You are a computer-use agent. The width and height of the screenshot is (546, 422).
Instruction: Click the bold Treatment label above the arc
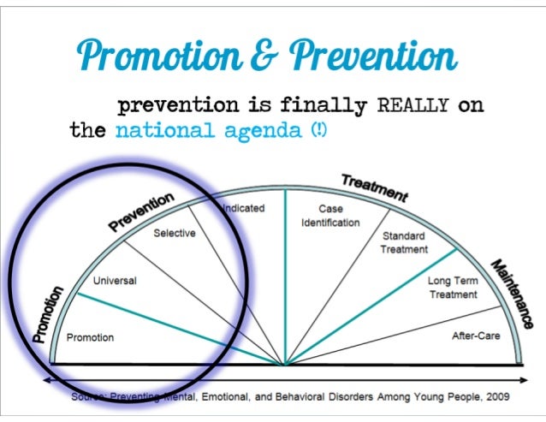tap(374, 187)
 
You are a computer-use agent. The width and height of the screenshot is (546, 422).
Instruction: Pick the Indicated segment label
tap(244, 208)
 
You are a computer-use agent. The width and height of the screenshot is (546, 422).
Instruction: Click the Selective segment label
tap(175, 233)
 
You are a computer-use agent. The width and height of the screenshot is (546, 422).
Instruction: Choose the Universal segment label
tap(115, 280)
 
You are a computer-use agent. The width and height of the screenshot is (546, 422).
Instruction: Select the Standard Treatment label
tap(404, 242)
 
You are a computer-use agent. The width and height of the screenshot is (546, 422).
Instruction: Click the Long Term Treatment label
tap(453, 288)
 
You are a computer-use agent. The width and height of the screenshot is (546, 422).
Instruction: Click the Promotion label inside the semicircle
tap(90, 337)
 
